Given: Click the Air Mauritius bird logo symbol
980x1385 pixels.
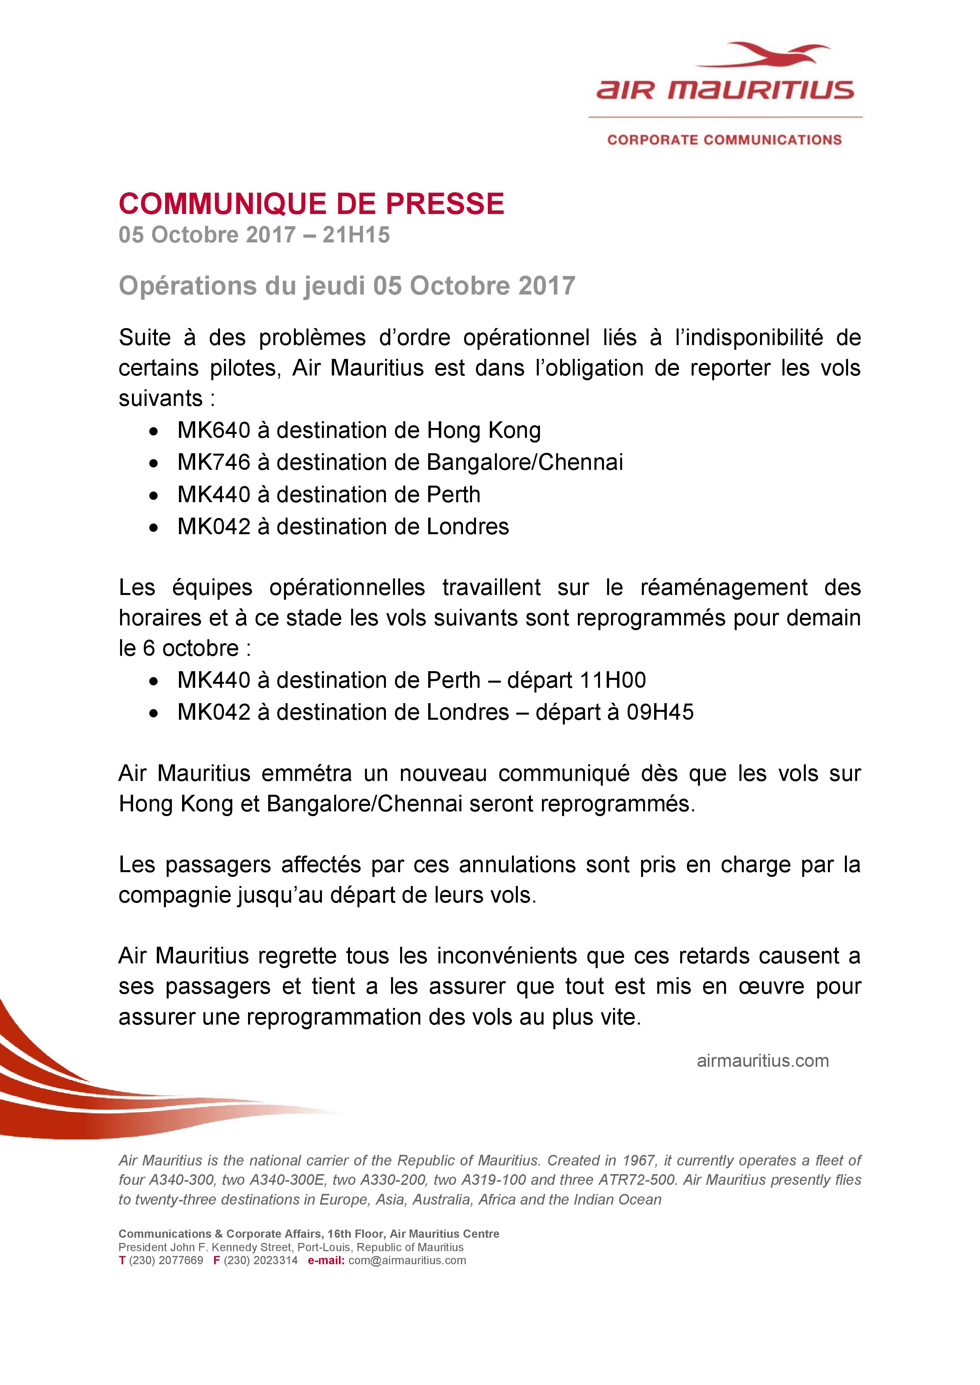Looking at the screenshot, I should click(764, 56).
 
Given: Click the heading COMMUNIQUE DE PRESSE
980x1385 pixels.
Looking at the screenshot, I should click(311, 204).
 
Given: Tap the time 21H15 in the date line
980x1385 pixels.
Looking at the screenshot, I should click(356, 235).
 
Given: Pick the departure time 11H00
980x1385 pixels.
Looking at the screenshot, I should click(611, 680).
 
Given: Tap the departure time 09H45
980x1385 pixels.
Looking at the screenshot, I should click(660, 712).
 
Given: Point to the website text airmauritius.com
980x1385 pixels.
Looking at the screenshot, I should click(763, 1060).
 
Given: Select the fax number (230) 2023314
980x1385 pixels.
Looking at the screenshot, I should click(261, 1260).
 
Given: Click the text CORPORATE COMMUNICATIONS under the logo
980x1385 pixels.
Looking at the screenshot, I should click(724, 140).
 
